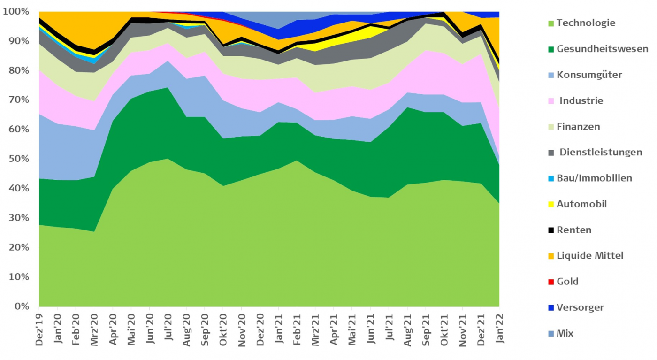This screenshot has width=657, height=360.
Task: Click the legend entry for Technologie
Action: click(586, 23)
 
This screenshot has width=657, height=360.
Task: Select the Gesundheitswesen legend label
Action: click(602, 49)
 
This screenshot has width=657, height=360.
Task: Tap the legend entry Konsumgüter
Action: click(590, 75)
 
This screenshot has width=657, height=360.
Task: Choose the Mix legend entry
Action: click(565, 334)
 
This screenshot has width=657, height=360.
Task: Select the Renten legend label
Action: click(574, 230)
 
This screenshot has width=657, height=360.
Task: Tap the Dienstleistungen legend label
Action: click(601, 153)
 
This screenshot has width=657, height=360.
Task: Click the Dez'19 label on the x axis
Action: click(39, 330)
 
